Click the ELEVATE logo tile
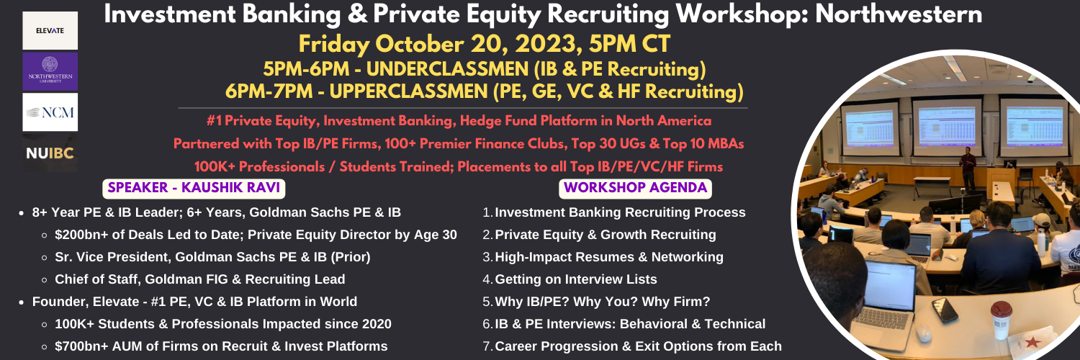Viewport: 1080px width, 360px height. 50,30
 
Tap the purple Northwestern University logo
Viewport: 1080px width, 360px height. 50,72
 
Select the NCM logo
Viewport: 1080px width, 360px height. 50,112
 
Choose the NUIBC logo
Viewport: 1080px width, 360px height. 50,153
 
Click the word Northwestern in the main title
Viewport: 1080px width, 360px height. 899,14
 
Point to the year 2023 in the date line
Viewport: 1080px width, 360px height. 545,45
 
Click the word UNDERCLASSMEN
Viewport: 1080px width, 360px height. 447,69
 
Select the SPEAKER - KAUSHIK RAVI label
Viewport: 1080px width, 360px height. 194,188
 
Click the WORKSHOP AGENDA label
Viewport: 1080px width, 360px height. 635,188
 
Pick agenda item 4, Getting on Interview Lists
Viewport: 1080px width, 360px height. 576,279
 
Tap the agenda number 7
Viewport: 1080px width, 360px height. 487,346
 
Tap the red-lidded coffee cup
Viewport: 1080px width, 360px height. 1001,320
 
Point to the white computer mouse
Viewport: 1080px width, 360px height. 923,332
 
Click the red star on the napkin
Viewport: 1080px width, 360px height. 1032,342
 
